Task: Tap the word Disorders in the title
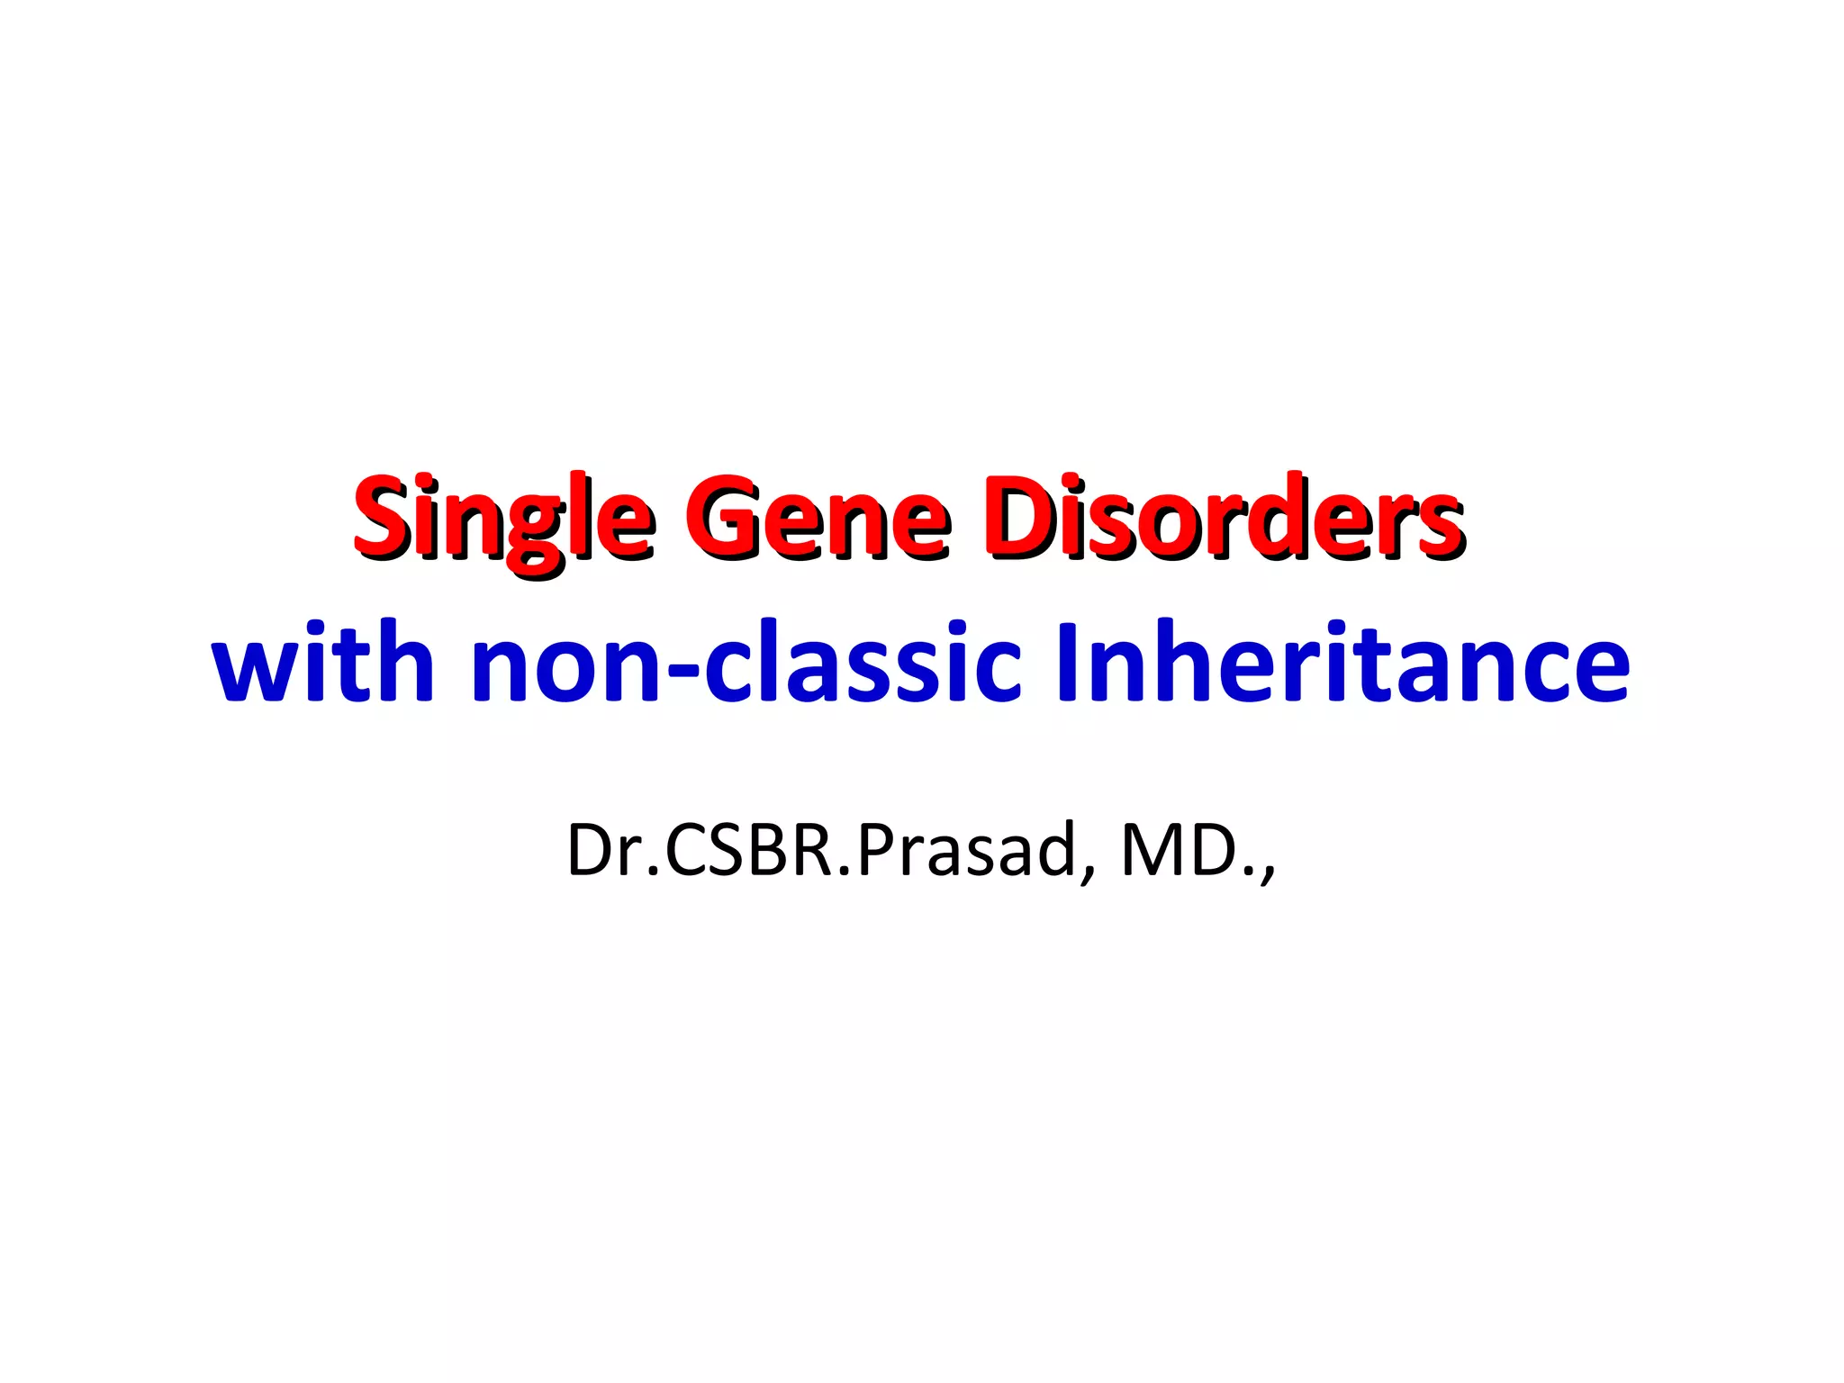click(x=1225, y=518)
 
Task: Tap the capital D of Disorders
click(x=1018, y=516)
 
